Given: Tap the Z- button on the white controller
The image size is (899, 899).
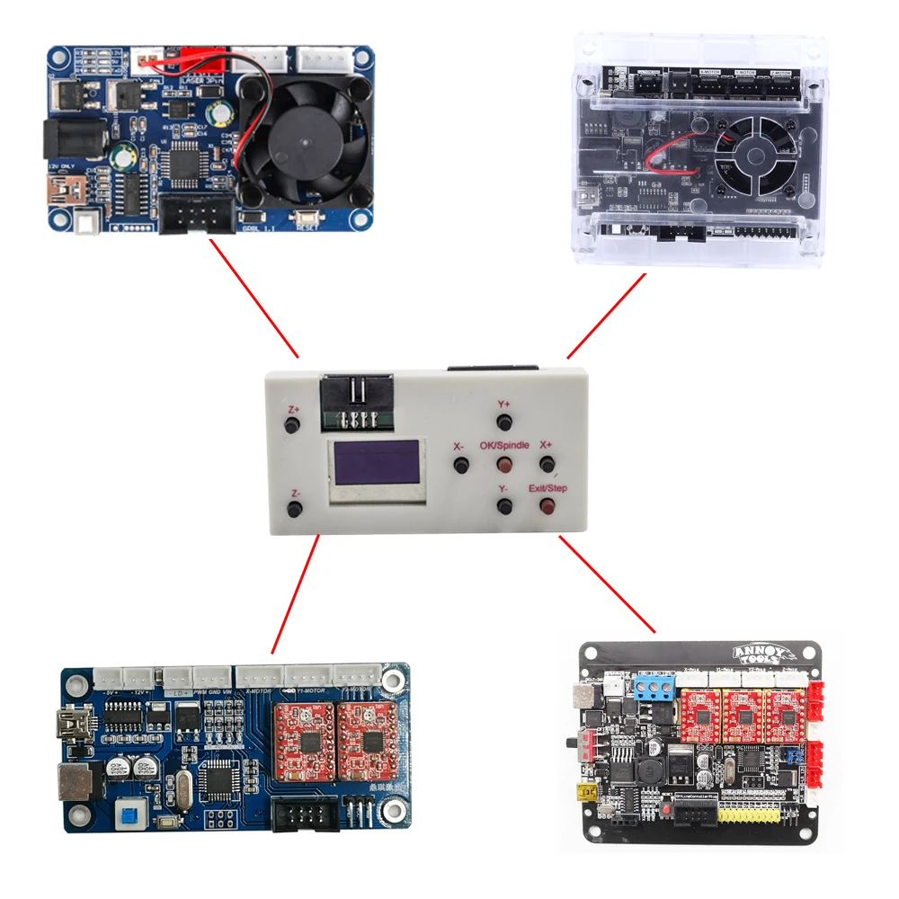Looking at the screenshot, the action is [294, 511].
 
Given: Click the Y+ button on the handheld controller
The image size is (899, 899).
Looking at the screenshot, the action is [505, 422].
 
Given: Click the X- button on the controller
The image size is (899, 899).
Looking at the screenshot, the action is [461, 465].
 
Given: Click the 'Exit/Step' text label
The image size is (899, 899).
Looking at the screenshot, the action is [547, 488].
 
